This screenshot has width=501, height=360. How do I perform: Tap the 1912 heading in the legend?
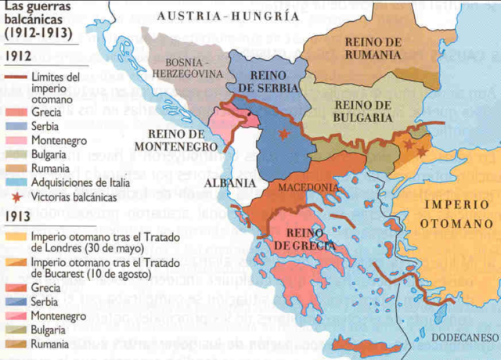pyautogui.click(x=17, y=56)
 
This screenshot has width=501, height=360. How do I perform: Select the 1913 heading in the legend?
pyautogui.click(x=17, y=216)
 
